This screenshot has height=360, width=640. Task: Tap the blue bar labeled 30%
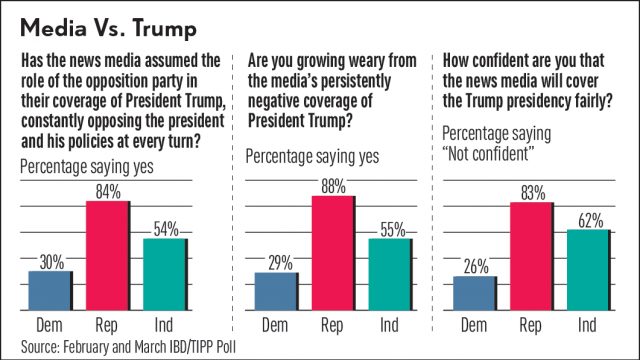(50, 290)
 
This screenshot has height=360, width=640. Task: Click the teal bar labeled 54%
(164, 274)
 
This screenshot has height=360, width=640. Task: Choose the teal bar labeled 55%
(389, 274)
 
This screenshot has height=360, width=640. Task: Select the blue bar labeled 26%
(475, 293)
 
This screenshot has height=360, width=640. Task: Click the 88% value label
(332, 185)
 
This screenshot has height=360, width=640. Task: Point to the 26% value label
(475, 266)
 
